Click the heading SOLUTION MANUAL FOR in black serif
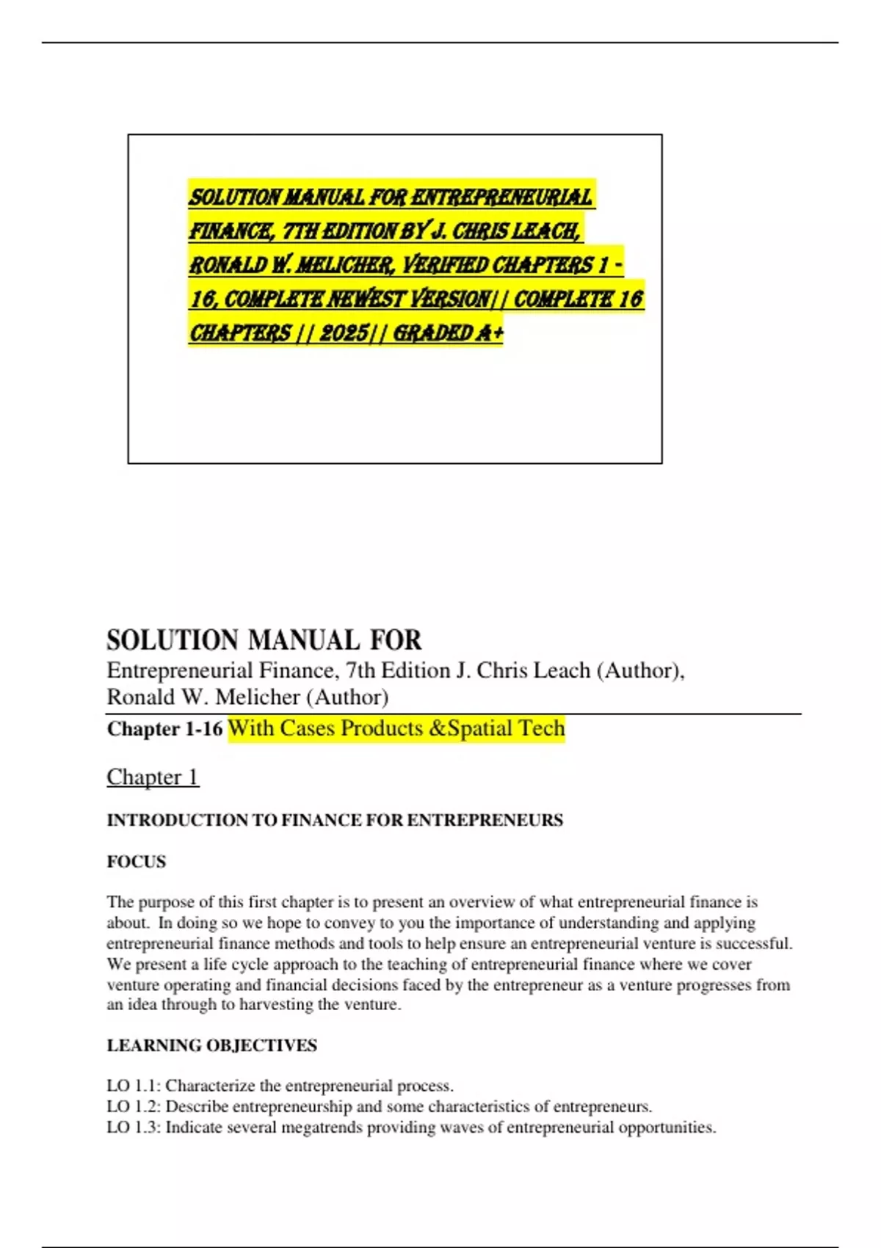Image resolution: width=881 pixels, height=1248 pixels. pyautogui.click(x=264, y=640)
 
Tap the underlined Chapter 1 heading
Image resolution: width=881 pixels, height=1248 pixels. pyautogui.click(x=153, y=777)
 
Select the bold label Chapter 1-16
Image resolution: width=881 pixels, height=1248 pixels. pyautogui.click(x=164, y=729)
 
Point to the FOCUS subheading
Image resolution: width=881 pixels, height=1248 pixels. pyautogui.click(x=137, y=862)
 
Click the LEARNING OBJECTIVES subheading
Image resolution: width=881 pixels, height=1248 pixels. pyautogui.click(x=211, y=1045)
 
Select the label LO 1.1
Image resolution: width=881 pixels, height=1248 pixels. pyautogui.click(x=132, y=1086)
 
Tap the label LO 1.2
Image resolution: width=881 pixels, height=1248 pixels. pyautogui.click(x=132, y=1106)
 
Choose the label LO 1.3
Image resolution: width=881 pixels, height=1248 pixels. pyautogui.click(x=132, y=1127)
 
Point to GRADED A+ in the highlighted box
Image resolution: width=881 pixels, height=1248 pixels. pyautogui.click(x=449, y=333)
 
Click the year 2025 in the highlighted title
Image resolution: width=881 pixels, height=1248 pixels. pyautogui.click(x=344, y=333)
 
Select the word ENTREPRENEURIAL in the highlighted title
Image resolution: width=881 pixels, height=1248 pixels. pyautogui.click(x=501, y=197)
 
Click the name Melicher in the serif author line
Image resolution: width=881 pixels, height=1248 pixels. pyautogui.click(x=258, y=697)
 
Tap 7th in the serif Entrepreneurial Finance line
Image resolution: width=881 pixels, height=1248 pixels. pyautogui.click(x=360, y=670)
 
